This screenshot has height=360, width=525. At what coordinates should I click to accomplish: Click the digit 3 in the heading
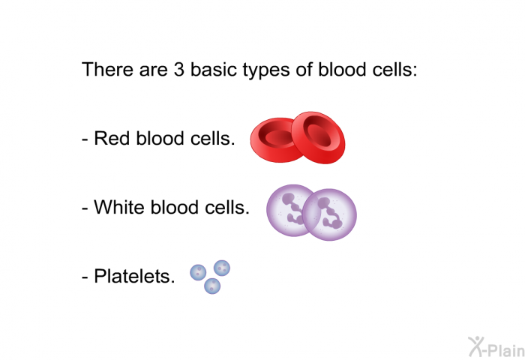[x=178, y=70]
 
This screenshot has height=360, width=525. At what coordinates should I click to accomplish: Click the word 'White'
[x=118, y=207]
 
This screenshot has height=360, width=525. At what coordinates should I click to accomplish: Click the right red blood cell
[x=319, y=137]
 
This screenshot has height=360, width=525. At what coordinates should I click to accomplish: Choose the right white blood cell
[x=330, y=214]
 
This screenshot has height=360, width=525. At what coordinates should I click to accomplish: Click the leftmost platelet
[x=198, y=272]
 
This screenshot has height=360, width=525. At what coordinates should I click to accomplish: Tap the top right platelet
[x=222, y=268]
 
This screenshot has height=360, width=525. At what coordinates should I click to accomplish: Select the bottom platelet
[x=212, y=286]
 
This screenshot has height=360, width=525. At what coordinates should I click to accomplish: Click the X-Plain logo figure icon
[x=475, y=346]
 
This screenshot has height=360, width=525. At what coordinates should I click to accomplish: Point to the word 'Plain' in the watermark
[x=506, y=350]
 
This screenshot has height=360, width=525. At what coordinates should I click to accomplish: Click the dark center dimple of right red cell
[x=319, y=135]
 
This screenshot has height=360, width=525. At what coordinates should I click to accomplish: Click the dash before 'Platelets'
[x=85, y=278]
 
